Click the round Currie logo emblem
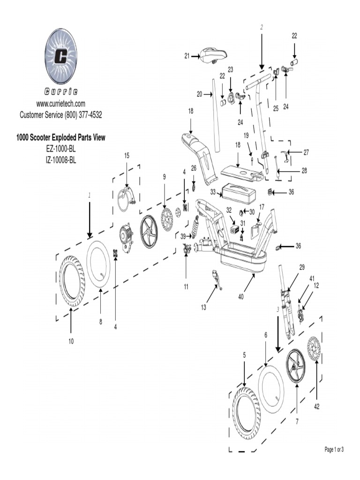[x=61, y=56]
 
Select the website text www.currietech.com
[x=61, y=104]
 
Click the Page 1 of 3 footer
[x=334, y=450]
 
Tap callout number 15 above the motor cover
[x=127, y=156]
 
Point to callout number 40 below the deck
[x=241, y=296]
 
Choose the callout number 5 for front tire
[x=244, y=355]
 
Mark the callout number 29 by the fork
[x=302, y=267]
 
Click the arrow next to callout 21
[x=195, y=56]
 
